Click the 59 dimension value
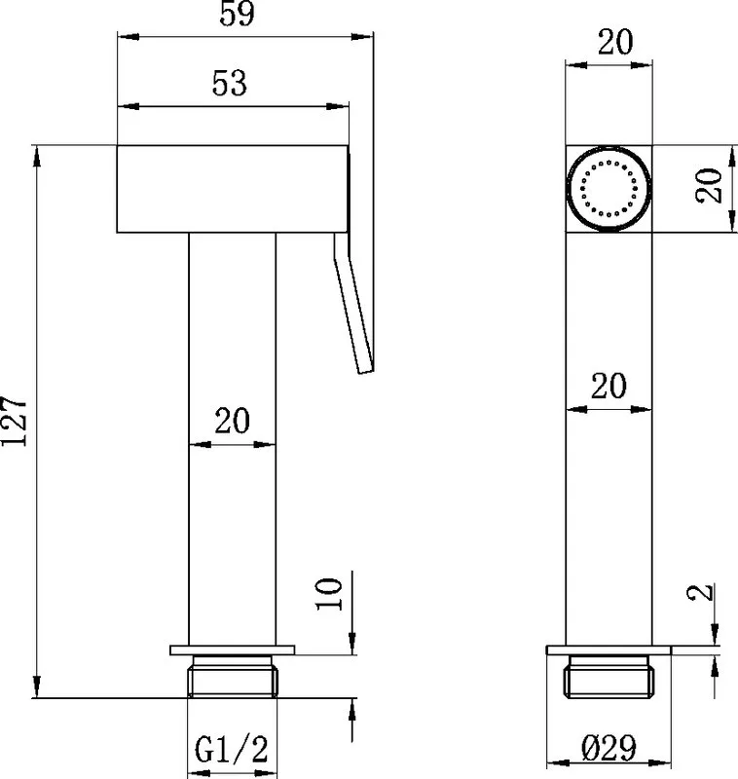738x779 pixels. [x=237, y=14]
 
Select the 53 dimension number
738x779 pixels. [x=229, y=83]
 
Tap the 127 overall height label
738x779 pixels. [x=14, y=421]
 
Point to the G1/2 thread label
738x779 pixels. [x=232, y=749]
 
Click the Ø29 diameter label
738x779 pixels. [x=609, y=747]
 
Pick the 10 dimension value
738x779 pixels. [x=329, y=594]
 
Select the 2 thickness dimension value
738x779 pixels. [x=700, y=592]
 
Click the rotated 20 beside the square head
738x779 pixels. [x=709, y=186]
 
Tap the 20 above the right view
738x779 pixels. [x=615, y=42]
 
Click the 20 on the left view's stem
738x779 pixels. [x=232, y=421]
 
